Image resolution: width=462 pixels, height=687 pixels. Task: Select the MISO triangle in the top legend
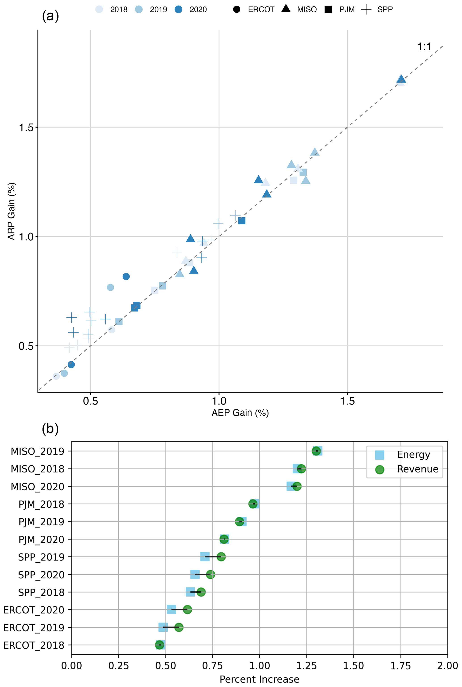(x=286, y=9)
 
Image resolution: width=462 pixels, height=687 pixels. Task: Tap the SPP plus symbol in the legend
(x=366, y=9)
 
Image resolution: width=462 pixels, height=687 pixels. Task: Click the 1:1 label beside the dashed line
(x=424, y=46)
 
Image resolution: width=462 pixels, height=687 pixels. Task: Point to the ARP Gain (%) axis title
(x=11, y=211)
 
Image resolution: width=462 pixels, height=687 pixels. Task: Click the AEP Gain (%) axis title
(x=240, y=413)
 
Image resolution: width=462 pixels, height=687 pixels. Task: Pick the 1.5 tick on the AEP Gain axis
(x=347, y=401)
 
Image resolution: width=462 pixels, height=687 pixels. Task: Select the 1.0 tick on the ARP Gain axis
(x=26, y=237)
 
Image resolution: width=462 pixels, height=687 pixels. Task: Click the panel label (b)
(x=50, y=429)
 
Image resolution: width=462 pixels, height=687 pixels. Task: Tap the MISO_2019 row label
(x=37, y=451)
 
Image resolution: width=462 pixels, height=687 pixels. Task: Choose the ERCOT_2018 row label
(x=34, y=645)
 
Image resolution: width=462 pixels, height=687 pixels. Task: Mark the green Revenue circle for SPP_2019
(x=221, y=557)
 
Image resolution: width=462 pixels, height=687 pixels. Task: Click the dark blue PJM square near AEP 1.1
(x=242, y=221)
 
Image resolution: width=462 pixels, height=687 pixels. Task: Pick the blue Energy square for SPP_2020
(x=195, y=574)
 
